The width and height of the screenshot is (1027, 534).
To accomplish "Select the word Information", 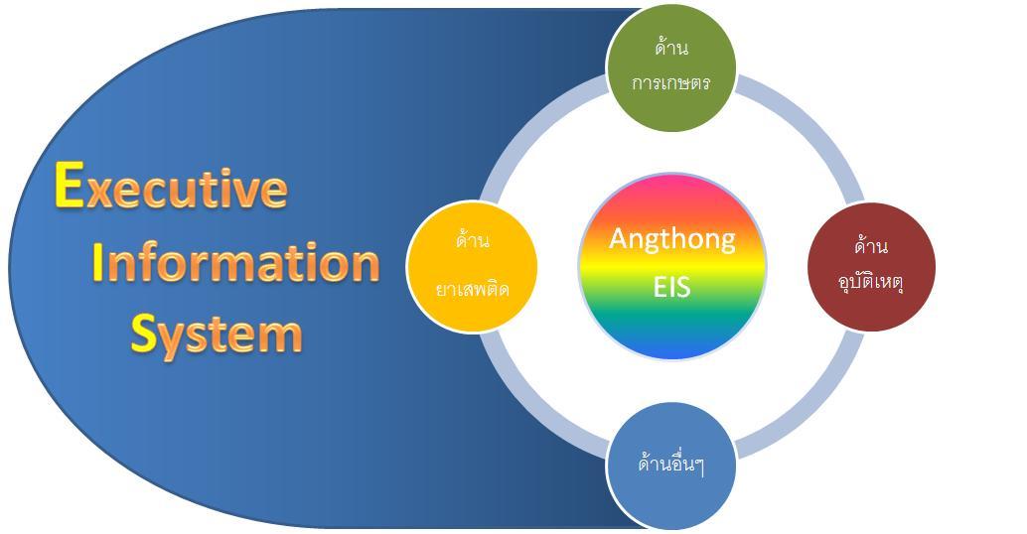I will [236, 262].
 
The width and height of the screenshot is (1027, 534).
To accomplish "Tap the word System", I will [217, 334].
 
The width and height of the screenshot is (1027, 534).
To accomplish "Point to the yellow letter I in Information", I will [97, 262].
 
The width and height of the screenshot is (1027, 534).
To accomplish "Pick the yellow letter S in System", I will [144, 334].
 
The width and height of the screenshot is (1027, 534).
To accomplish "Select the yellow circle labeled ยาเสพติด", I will [472, 265].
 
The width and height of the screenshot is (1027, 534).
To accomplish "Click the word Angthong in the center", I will [671, 238].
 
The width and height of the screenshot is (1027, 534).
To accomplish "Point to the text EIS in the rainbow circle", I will [671, 287].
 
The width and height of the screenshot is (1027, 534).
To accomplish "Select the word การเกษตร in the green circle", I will [671, 82].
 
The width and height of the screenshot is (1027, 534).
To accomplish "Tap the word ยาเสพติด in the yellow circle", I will [472, 289].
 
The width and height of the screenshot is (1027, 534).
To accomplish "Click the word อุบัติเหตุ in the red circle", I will [871, 281].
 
